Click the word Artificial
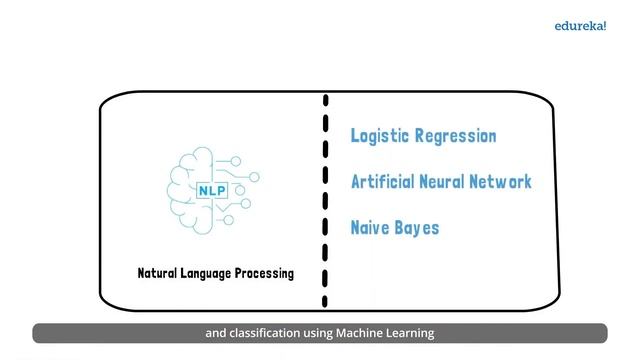(383, 182)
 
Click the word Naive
(369, 227)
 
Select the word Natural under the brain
(161, 273)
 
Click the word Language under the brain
(209, 273)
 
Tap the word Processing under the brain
(265, 273)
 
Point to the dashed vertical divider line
(325, 200)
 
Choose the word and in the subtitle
(216, 333)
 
